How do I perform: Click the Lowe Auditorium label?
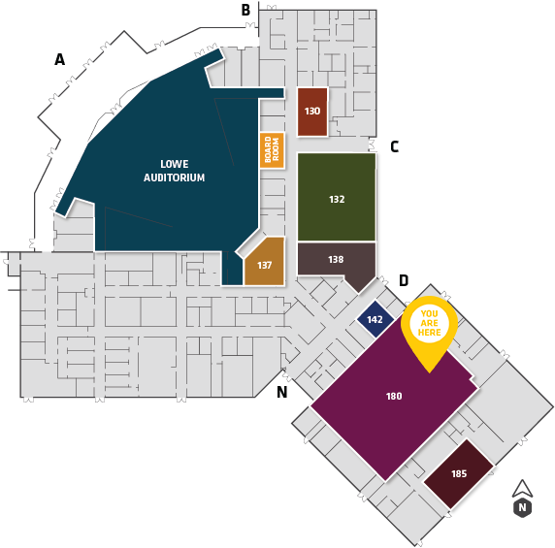(174, 171)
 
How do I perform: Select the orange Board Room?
(272, 150)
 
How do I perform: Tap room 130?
(312, 112)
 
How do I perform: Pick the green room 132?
(337, 197)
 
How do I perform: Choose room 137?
(265, 262)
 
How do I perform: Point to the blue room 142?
(375, 319)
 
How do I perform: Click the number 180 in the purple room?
(394, 396)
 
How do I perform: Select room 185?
(459, 473)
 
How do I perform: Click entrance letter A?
(60, 59)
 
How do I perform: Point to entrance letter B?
(245, 10)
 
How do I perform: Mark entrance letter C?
(395, 146)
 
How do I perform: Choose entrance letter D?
(404, 280)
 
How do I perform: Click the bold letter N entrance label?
(281, 392)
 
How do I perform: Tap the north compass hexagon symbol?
(522, 507)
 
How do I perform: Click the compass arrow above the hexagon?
(522, 489)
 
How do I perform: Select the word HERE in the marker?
(429, 333)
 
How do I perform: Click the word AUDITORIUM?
(174, 177)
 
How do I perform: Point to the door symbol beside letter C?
(372, 145)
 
